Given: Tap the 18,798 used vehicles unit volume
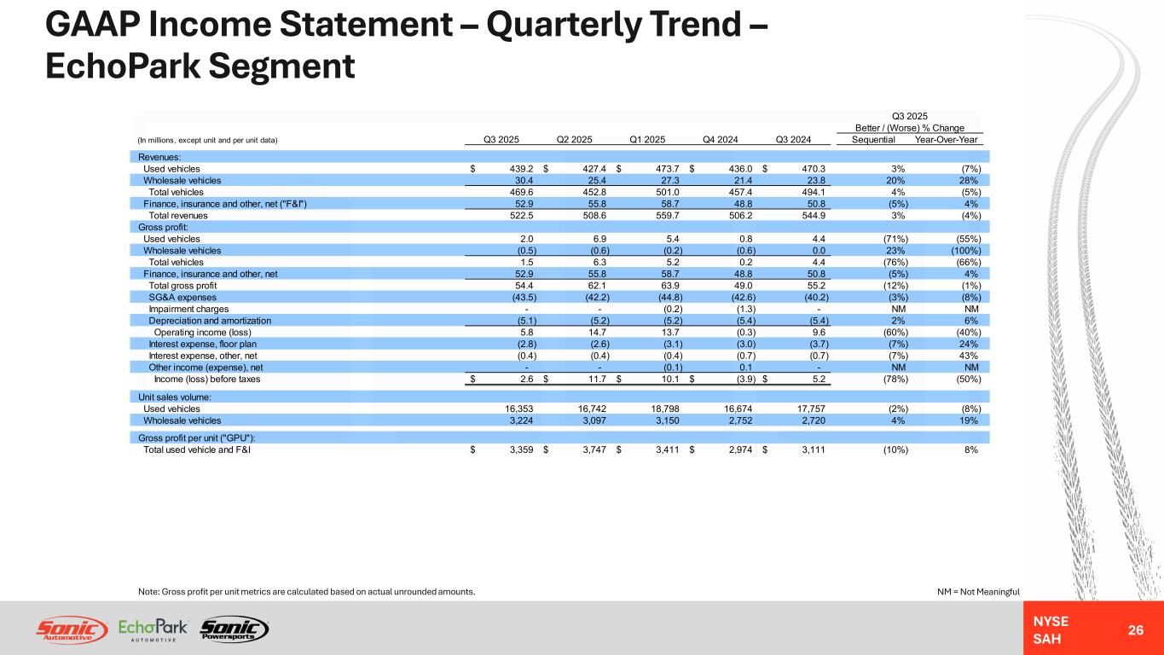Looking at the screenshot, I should (648, 409).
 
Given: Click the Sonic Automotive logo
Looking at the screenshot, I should (72, 629).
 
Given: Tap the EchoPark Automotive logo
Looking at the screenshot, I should (153, 629).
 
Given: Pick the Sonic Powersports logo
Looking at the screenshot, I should (234, 629).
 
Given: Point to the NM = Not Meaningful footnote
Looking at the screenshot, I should (977, 592).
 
